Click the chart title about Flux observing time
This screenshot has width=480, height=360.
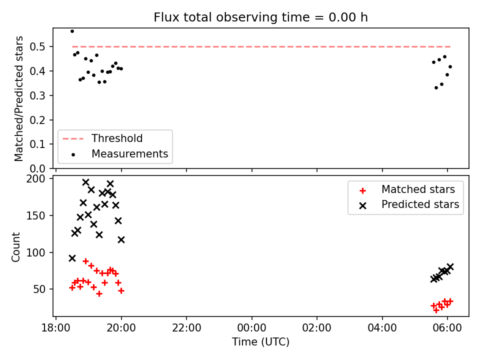(x=260, y=17)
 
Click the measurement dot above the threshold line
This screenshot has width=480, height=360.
(x=72, y=31)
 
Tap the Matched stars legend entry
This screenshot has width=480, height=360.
(x=407, y=189)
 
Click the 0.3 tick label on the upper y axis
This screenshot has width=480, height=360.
(x=37, y=95)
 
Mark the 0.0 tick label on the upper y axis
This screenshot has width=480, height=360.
(x=37, y=168)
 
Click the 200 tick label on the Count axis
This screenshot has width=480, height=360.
(x=35, y=179)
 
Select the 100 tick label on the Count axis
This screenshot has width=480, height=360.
(x=35, y=252)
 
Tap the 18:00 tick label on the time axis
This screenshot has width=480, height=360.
(x=55, y=328)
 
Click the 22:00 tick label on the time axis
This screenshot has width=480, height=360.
(x=186, y=328)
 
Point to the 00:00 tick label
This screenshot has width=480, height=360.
(x=251, y=328)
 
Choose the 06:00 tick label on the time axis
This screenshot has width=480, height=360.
(x=447, y=328)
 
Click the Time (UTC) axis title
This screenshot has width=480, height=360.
(x=260, y=341)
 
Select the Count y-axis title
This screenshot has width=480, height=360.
(x=15, y=246)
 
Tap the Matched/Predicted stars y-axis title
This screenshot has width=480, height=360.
(x=18, y=98)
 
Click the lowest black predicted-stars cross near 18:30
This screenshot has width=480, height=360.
(x=72, y=258)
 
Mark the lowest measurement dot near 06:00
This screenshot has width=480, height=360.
(x=436, y=88)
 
